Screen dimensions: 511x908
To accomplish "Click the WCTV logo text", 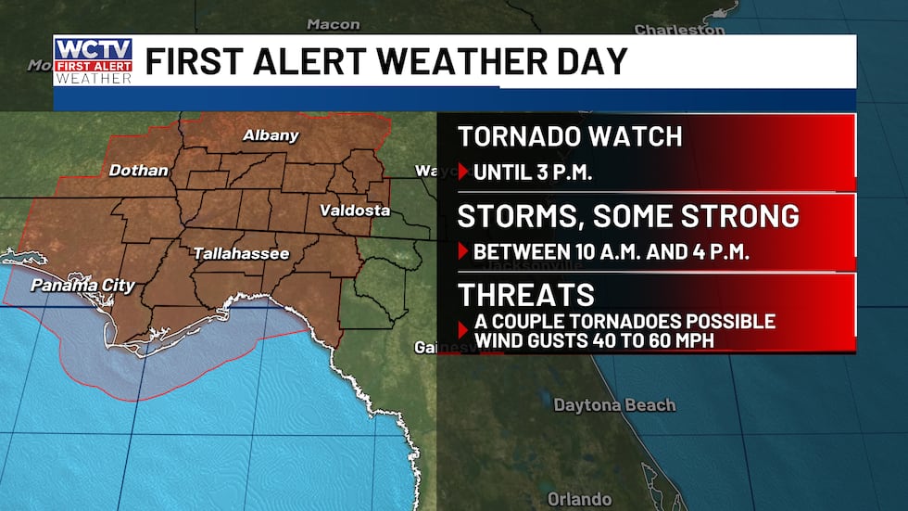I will point(93,48).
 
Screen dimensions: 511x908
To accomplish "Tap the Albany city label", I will point(271,135).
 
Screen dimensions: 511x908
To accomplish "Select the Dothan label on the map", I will point(138,171).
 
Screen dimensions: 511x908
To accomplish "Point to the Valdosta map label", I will point(355,211).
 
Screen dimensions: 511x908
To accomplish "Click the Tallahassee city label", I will point(242,253).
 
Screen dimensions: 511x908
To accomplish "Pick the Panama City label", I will point(82,286).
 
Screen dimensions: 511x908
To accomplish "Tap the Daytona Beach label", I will point(614,405).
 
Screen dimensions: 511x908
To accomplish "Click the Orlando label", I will point(579,499).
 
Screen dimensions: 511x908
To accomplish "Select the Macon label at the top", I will point(333,23).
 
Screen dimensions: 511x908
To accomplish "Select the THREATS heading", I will point(526,295).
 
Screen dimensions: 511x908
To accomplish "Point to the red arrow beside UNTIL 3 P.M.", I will point(464,172).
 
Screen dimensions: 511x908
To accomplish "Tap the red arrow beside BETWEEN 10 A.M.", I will point(464,250).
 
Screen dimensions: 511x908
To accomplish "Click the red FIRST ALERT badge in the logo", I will point(93,66).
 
